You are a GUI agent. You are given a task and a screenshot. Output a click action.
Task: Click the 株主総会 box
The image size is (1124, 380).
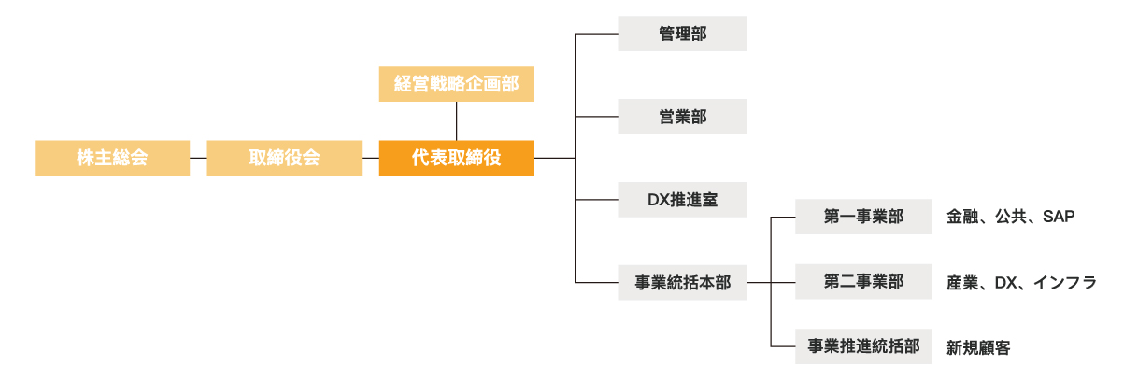pos(112,158)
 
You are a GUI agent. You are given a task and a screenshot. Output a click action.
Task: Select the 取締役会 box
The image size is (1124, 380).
pos(284,158)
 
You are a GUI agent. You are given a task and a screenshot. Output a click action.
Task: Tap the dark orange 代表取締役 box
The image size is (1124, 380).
pos(456,158)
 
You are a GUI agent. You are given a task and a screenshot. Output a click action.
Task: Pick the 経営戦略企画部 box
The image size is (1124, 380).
pos(456,84)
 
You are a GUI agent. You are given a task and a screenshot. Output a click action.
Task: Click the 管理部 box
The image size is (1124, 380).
pos(682,34)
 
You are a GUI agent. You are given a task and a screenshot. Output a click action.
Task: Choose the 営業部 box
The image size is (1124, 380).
pos(682,117)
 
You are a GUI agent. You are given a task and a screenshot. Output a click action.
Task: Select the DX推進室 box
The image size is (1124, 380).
pos(682,199)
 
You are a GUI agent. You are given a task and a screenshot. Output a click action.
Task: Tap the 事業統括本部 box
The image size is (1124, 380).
pos(682,282)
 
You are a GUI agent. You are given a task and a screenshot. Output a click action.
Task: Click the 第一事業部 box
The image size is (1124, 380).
pos(863,217)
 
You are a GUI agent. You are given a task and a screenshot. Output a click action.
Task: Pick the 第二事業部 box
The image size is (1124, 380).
pos(863,282)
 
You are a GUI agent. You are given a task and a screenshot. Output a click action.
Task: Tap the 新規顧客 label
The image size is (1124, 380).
pos(978,347)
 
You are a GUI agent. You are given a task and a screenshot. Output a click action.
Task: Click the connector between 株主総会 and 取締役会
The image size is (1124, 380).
pos(198,158)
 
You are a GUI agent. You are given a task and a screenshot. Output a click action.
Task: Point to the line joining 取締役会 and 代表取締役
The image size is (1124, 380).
pos(370,158)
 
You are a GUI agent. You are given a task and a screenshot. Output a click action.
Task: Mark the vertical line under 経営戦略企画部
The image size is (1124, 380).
pos(456,120)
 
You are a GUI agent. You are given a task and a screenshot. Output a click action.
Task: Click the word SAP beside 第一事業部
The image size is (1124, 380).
pos(1060,217)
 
